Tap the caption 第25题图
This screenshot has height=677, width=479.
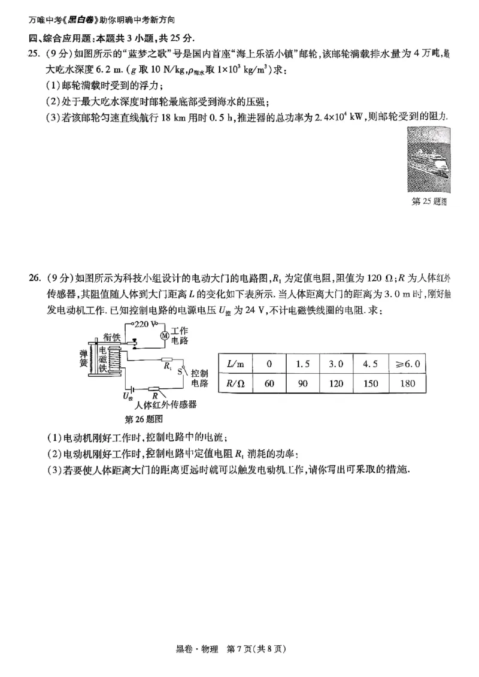click(430, 202)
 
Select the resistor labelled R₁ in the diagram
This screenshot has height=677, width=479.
click(167, 361)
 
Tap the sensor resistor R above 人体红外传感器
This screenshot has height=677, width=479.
click(154, 389)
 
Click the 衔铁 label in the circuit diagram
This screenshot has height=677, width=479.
click(113, 337)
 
